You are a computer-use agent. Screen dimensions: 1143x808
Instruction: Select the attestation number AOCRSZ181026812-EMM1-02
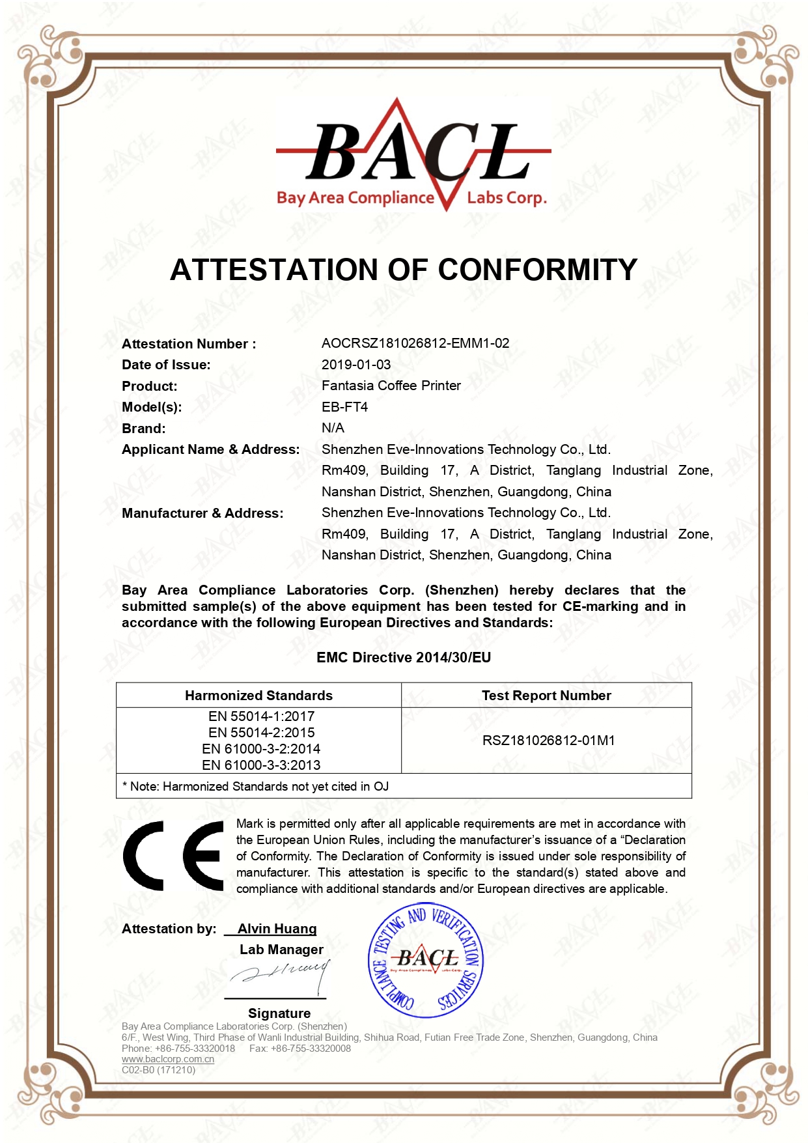click(415, 343)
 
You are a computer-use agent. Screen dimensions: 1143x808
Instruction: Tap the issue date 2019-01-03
click(355, 365)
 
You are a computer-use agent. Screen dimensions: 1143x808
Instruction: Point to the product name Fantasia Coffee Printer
click(391, 386)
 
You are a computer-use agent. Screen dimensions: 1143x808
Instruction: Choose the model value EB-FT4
click(344, 407)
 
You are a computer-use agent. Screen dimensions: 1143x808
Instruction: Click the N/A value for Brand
click(333, 428)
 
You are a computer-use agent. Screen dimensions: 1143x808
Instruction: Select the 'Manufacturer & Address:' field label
click(202, 513)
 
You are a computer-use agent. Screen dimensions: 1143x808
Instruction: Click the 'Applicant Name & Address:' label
click(210, 449)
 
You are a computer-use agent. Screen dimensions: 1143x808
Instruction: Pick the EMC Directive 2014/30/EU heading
click(404, 658)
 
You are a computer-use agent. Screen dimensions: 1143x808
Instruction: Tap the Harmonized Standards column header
click(258, 696)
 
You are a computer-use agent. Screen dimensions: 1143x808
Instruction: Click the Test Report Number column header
click(546, 696)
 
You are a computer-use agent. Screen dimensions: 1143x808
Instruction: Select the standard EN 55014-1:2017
click(261, 716)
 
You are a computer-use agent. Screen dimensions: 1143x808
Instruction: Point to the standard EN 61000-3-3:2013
click(261, 765)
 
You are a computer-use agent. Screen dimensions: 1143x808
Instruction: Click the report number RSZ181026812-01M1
click(548, 741)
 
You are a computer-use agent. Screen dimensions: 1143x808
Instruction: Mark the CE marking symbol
click(174, 856)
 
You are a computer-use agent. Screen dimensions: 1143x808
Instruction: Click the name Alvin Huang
click(277, 929)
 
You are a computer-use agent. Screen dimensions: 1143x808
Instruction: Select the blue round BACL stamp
click(426, 960)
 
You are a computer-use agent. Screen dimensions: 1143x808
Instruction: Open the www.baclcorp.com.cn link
click(168, 1059)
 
